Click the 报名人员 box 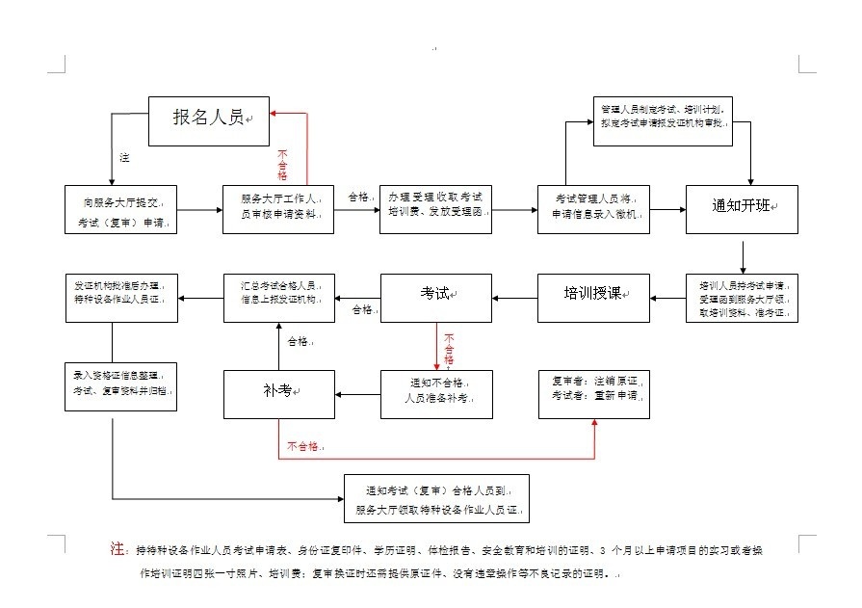coord(209,119)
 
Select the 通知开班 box coord(742,208)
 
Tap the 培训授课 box coord(593,297)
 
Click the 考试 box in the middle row coord(436,297)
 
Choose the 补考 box coord(279,394)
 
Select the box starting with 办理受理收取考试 coord(436,209)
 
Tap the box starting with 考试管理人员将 coord(593,208)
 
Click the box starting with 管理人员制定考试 coord(664,119)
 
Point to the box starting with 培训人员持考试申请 coord(742,299)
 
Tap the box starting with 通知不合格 coord(436,393)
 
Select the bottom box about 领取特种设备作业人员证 coord(437,498)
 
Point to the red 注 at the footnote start coord(118,548)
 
